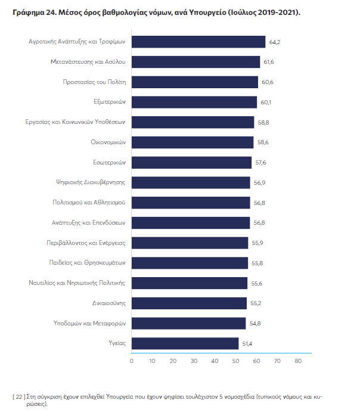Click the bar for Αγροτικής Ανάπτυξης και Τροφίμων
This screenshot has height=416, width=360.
[198, 42]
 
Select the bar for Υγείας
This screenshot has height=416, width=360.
[185, 343]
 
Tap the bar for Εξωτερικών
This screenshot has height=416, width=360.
[194, 102]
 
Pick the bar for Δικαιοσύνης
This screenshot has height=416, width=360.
[189, 303]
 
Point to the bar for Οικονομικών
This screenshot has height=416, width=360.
[193, 142]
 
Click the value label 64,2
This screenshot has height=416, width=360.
[275, 42]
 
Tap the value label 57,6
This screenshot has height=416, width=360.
[261, 163]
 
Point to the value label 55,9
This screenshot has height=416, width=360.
[257, 243]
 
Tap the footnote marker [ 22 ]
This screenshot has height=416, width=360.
[18, 396]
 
